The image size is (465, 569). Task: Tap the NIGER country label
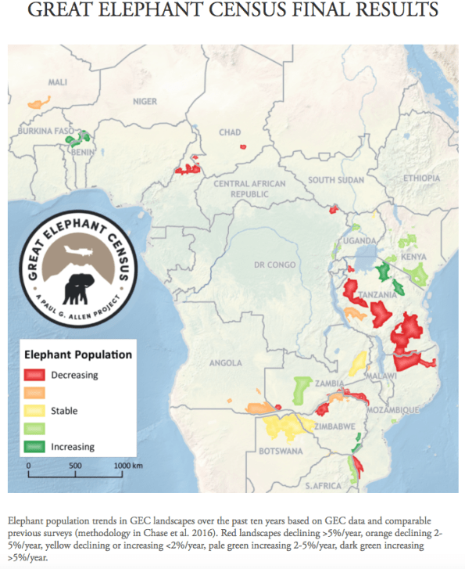pyautogui.click(x=145, y=101)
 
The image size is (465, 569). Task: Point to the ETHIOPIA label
pyautogui.click(x=421, y=179)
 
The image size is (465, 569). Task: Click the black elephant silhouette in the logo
pyautogui.click(x=81, y=287)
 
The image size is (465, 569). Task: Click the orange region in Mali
pyautogui.click(x=34, y=103)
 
